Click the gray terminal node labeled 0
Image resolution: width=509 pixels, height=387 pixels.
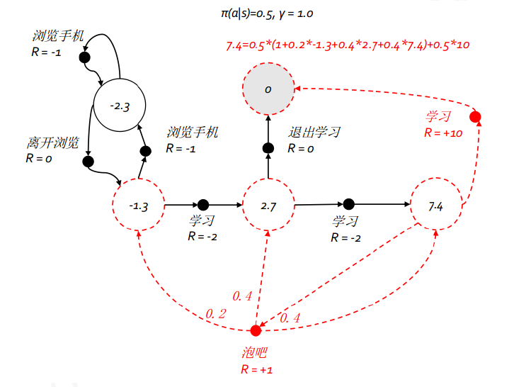click(268, 90)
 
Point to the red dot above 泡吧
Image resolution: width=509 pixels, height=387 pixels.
click(256, 330)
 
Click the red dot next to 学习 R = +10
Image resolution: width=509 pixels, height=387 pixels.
click(475, 117)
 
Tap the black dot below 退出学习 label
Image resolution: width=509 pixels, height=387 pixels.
click(268, 148)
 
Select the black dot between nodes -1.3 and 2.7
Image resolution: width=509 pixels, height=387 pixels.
click(203, 204)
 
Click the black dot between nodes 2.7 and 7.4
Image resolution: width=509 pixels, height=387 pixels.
click(347, 204)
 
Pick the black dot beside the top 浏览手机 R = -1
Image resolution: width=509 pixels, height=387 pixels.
click(84, 57)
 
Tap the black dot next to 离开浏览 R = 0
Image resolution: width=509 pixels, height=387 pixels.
click(88, 162)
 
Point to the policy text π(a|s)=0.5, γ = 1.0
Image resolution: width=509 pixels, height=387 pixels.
click(267, 13)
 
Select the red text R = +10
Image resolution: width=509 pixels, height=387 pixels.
click(443, 133)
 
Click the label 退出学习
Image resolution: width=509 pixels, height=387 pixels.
click(315, 133)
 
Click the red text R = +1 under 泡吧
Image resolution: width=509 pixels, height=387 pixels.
click(256, 369)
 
